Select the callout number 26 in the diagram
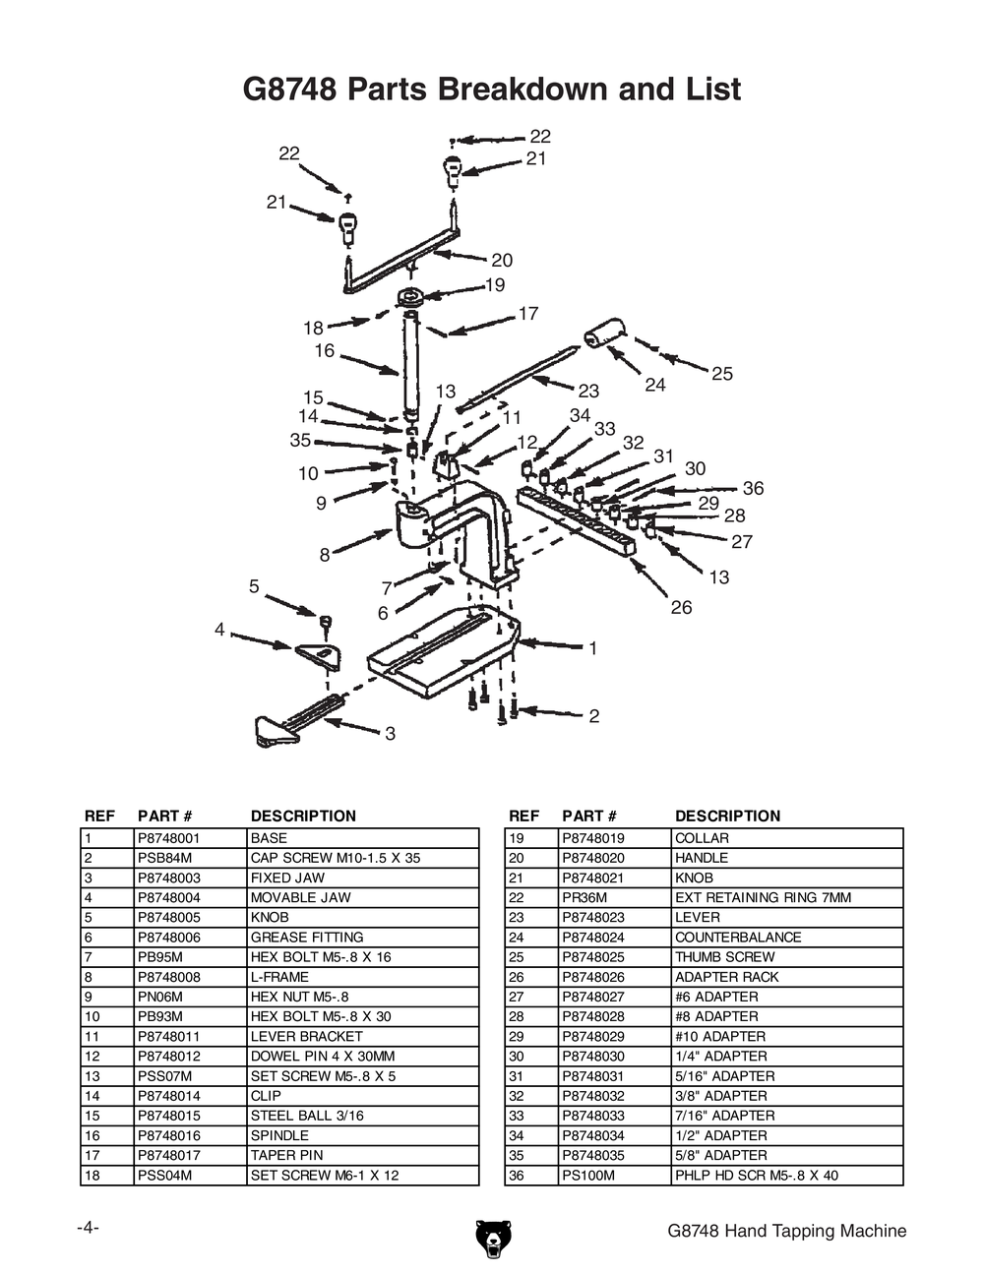(681, 607)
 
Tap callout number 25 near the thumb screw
(722, 374)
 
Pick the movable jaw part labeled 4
(319, 653)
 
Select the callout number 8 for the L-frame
(324, 555)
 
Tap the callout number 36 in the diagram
(753, 488)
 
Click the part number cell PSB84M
(158, 858)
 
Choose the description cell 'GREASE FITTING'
(306, 938)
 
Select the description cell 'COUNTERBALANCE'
(737, 938)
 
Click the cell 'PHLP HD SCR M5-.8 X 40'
(756, 1176)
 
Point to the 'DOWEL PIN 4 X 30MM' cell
(323, 1057)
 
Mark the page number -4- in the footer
(88, 1229)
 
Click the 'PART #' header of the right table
(588, 816)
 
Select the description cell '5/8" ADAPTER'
(716, 1155)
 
